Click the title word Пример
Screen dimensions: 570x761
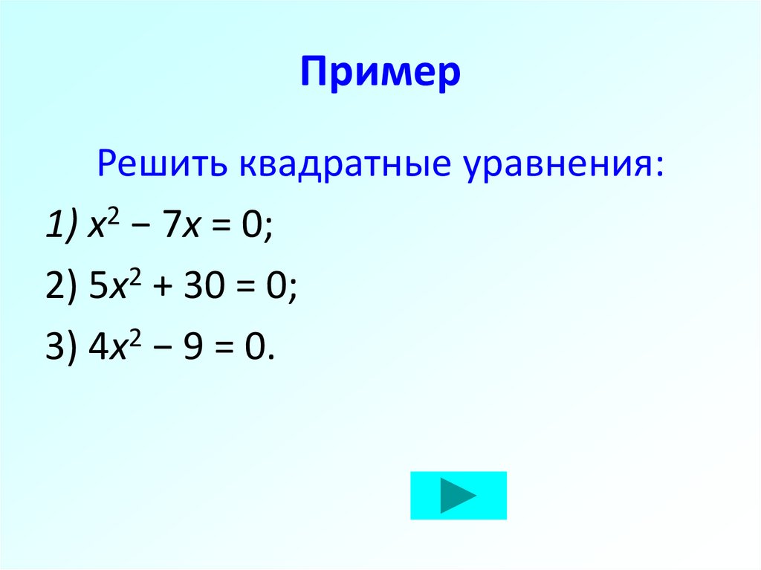380,75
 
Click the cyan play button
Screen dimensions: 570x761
459,495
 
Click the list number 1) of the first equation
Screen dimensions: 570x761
60,227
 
